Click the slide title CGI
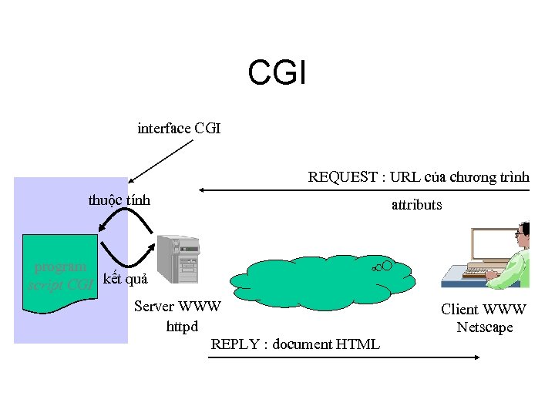[277, 74]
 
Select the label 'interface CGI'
[179, 129]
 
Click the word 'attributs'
[416, 205]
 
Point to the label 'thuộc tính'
[119, 200]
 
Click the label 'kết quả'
[125, 279]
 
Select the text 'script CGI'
[61, 285]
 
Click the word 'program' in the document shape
[61, 267]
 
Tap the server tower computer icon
[178, 260]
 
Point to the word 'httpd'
[182, 327]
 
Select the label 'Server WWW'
[177, 307]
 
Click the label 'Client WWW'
[483, 310]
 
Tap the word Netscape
[484, 327]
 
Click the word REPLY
[234, 344]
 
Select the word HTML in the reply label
[358, 344]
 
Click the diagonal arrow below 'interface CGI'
[160, 159]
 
